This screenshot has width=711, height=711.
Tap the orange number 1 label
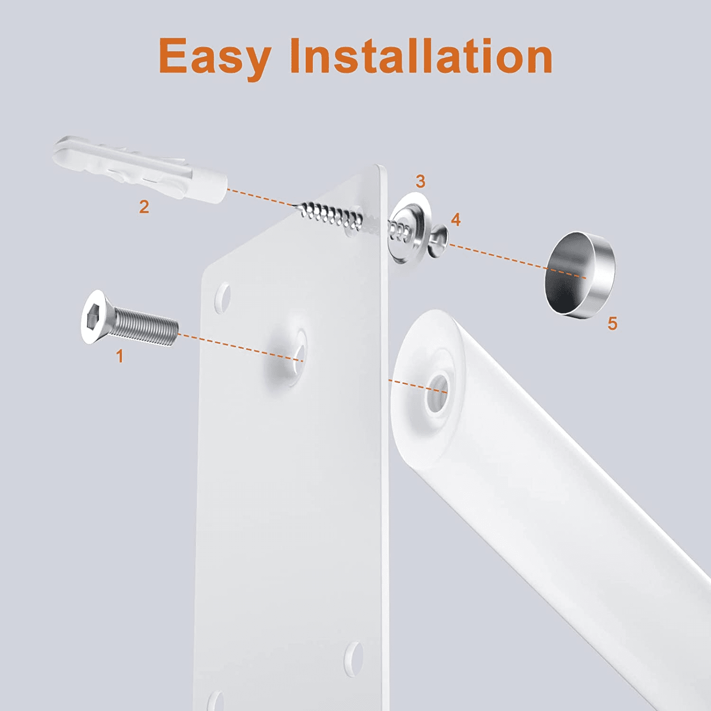(x=120, y=356)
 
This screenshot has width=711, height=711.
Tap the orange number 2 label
(x=144, y=207)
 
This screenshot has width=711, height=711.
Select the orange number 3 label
(x=420, y=181)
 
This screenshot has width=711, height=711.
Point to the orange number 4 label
(x=456, y=219)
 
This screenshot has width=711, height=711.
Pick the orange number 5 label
(x=612, y=323)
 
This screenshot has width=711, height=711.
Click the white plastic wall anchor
(x=142, y=169)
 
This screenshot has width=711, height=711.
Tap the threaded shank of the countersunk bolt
(x=147, y=326)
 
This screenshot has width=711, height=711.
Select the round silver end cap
(x=579, y=273)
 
